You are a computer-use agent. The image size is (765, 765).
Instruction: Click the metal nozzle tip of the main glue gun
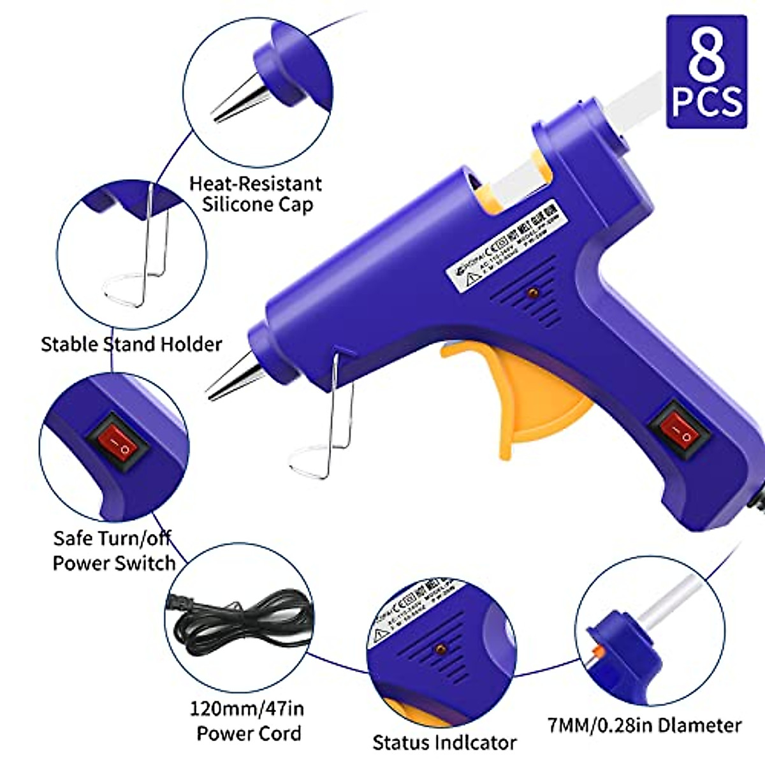pyautogui.click(x=233, y=380)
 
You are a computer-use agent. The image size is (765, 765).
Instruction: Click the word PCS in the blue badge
pyautogui.click(x=706, y=102)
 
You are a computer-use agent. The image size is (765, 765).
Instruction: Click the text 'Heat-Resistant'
pyautogui.click(x=255, y=184)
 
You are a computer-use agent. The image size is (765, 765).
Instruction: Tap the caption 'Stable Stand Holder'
pyautogui.click(x=131, y=344)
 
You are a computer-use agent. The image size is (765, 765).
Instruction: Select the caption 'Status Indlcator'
pyautogui.click(x=444, y=742)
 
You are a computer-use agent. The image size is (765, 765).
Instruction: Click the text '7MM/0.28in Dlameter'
pyautogui.click(x=645, y=725)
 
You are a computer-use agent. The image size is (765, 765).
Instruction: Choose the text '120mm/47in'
pyautogui.click(x=247, y=709)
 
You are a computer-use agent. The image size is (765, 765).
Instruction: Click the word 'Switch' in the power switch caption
pyautogui.click(x=143, y=563)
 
